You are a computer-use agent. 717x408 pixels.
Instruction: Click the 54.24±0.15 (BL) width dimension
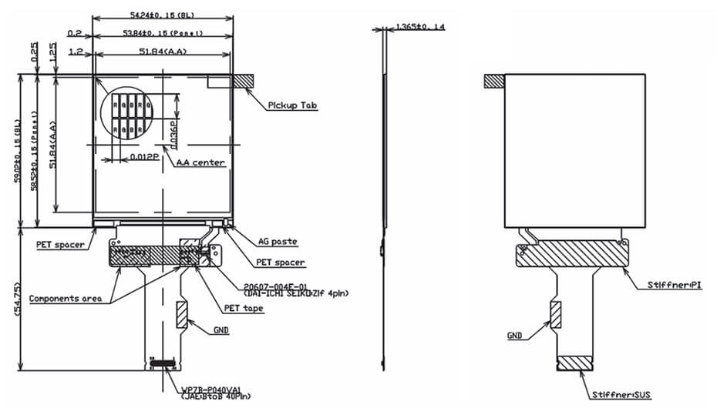tap(163, 15)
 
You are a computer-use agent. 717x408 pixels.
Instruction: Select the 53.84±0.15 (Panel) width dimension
tap(163, 33)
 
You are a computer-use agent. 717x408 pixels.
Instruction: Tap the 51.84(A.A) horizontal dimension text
tap(163, 52)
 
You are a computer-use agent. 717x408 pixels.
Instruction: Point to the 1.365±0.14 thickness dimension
tap(419, 27)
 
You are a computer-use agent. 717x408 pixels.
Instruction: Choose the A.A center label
tap(200, 162)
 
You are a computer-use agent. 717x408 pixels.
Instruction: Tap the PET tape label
tap(243, 308)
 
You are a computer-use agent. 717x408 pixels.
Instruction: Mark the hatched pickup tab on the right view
tap(494, 80)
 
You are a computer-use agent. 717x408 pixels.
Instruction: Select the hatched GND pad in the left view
tap(181, 313)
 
